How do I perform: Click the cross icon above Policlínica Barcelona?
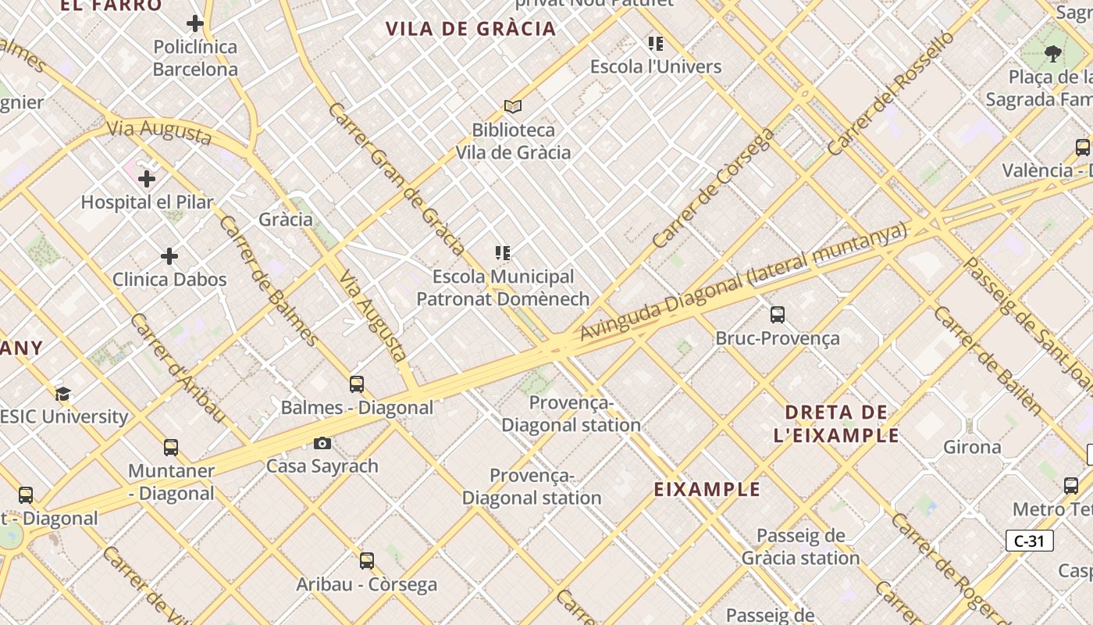195,23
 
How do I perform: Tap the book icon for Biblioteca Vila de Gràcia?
512,106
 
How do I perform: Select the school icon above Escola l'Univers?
656,43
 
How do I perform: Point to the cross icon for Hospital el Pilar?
146,179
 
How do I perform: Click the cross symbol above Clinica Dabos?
169,256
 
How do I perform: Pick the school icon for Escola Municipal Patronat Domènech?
503,253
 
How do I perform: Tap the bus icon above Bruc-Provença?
778,315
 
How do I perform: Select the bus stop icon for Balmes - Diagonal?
357,384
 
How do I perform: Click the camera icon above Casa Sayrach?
322,444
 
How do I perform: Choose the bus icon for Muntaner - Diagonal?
171,448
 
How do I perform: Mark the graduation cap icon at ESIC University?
62,394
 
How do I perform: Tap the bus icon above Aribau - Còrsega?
367,561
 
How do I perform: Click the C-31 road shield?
1029,541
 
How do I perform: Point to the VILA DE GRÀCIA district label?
471,30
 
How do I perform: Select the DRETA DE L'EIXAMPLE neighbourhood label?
836,423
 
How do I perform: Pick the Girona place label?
972,447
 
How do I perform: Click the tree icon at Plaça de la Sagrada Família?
1053,54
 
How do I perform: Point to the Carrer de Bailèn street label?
987,359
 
